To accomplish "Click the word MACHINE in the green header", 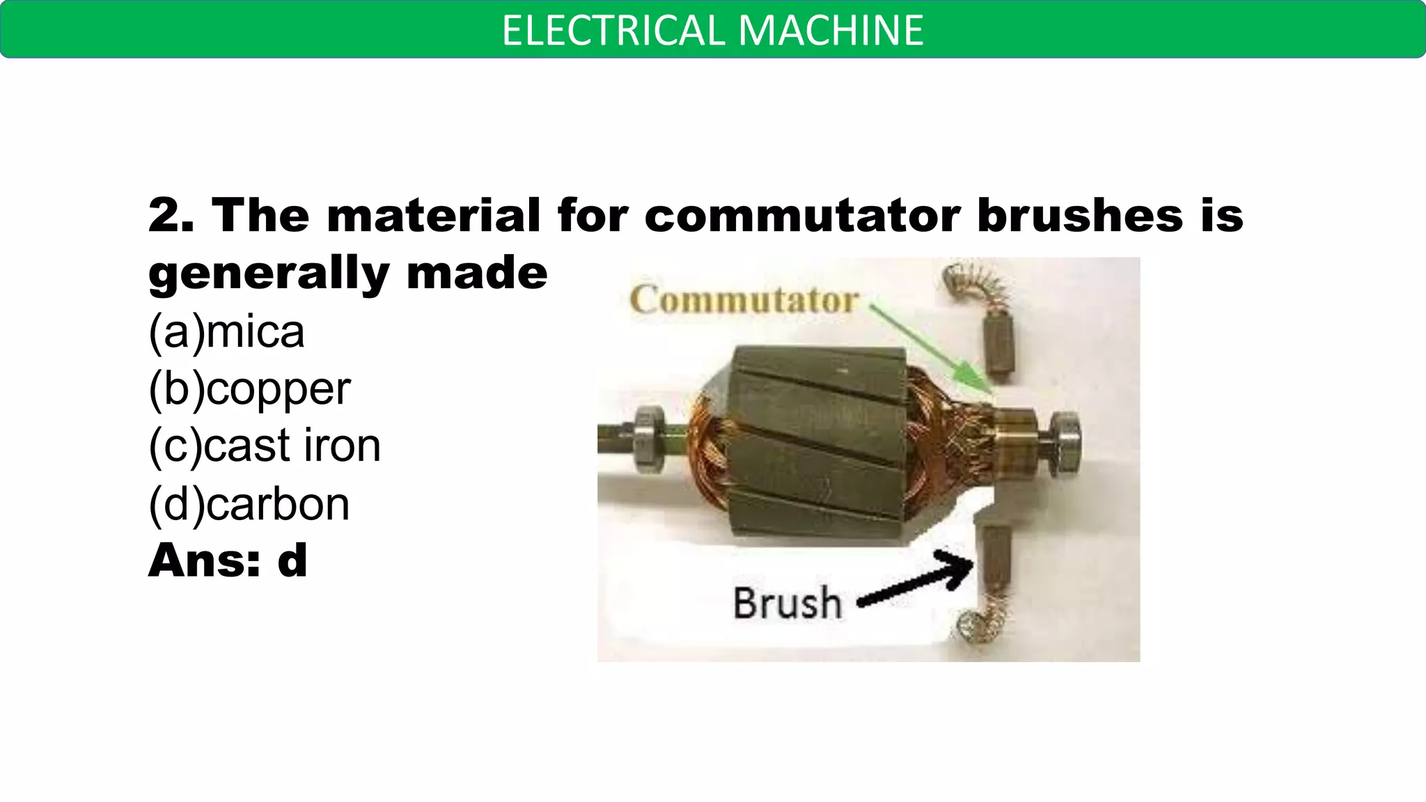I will (x=831, y=31).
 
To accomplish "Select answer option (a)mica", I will (x=226, y=331).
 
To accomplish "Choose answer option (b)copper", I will (x=249, y=389).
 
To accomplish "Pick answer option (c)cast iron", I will (x=265, y=446).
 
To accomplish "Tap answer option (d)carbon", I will (x=249, y=504).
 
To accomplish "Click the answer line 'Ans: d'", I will (x=228, y=560).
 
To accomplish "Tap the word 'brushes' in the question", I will (x=1080, y=215).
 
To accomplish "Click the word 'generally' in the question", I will (x=269, y=273).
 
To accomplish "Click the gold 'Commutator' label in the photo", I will (x=744, y=301).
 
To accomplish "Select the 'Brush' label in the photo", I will (x=787, y=603).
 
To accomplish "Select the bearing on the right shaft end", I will (x=1063, y=443).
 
